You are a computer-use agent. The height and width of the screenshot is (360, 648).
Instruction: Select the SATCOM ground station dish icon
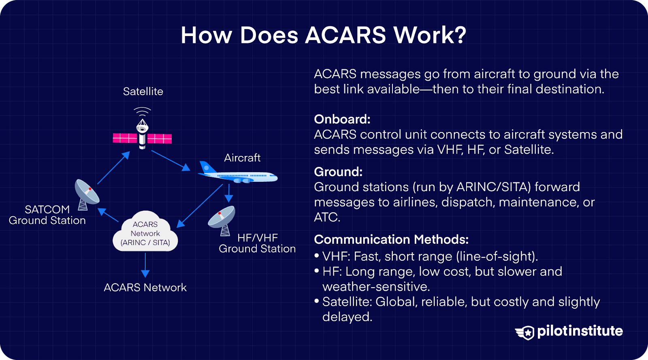tap(86, 194)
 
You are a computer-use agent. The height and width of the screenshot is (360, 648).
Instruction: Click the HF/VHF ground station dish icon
tap(222, 219)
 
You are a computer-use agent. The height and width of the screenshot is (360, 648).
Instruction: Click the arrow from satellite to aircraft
tap(170, 160)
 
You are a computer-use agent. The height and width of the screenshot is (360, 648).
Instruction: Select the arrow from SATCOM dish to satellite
tap(113, 168)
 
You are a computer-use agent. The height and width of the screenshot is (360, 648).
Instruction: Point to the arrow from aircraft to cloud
tap(200, 206)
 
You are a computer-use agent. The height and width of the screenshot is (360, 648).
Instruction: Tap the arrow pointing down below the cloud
tap(145, 265)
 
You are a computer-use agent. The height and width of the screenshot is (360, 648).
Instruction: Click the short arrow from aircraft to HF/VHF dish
tap(229, 193)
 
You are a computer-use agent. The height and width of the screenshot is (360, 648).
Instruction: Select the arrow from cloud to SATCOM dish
tap(108, 215)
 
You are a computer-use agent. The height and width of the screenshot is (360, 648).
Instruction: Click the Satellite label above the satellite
tap(143, 92)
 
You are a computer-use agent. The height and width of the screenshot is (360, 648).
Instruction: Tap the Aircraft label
tap(242, 158)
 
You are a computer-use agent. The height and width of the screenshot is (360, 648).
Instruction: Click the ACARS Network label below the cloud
tap(145, 288)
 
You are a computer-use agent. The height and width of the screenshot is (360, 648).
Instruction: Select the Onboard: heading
tap(342, 119)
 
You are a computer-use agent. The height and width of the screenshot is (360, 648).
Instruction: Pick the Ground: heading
tap(338, 172)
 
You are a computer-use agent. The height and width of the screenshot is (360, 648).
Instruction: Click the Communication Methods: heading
tap(391, 239)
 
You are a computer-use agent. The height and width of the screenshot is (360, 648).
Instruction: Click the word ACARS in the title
tap(345, 35)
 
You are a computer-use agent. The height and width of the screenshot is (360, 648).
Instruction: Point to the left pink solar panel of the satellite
tap(125, 138)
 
